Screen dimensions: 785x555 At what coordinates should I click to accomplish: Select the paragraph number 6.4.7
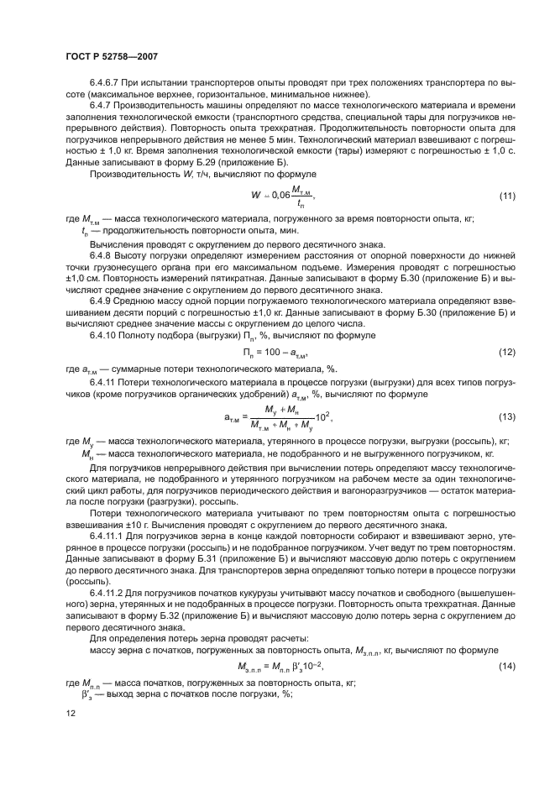coord(101,107)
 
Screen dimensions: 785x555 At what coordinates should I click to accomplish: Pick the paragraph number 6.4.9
coord(101,299)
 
